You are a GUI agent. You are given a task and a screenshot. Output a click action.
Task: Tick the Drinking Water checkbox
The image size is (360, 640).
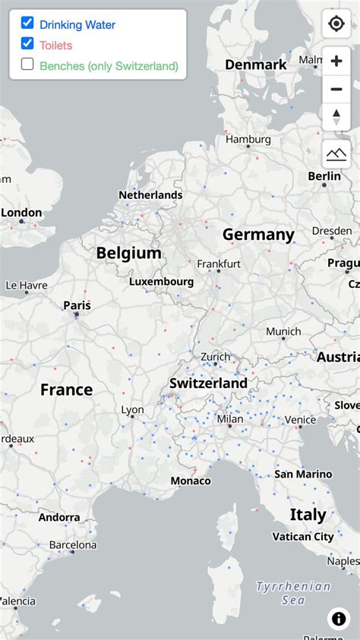click(27, 24)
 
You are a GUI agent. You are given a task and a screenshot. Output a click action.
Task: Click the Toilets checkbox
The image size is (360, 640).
click(27, 44)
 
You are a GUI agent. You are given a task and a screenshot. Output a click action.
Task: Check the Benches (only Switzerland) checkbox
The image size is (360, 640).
click(27, 65)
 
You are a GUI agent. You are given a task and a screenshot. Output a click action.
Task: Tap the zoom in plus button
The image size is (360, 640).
click(336, 61)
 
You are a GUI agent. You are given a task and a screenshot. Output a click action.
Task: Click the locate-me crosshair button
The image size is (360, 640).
click(336, 24)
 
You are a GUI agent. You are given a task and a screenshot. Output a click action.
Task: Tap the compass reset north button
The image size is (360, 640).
click(336, 116)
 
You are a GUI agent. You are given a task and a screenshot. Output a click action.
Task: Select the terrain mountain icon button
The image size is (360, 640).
click(336, 154)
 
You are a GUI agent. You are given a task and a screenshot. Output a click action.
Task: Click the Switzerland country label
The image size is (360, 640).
click(208, 383)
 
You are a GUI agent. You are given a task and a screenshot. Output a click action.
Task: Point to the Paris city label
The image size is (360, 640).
click(77, 305)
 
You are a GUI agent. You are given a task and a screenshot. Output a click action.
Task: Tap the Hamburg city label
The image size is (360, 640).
click(248, 140)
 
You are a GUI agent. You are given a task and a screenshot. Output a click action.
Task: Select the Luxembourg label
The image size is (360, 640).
click(161, 282)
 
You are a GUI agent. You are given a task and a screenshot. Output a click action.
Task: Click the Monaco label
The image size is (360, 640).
click(191, 481)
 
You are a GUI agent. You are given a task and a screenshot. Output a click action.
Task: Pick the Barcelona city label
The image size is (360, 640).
click(73, 545)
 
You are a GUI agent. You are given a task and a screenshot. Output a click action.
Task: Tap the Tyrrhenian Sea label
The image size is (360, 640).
click(293, 593)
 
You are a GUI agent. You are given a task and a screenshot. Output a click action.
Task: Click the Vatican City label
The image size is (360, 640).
click(303, 537)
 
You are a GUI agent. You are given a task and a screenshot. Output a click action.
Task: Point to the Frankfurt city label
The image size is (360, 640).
click(219, 263)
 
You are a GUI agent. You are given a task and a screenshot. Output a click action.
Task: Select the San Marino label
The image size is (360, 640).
click(303, 474)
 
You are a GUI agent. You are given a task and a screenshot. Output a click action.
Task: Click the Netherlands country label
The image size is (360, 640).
click(150, 195)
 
